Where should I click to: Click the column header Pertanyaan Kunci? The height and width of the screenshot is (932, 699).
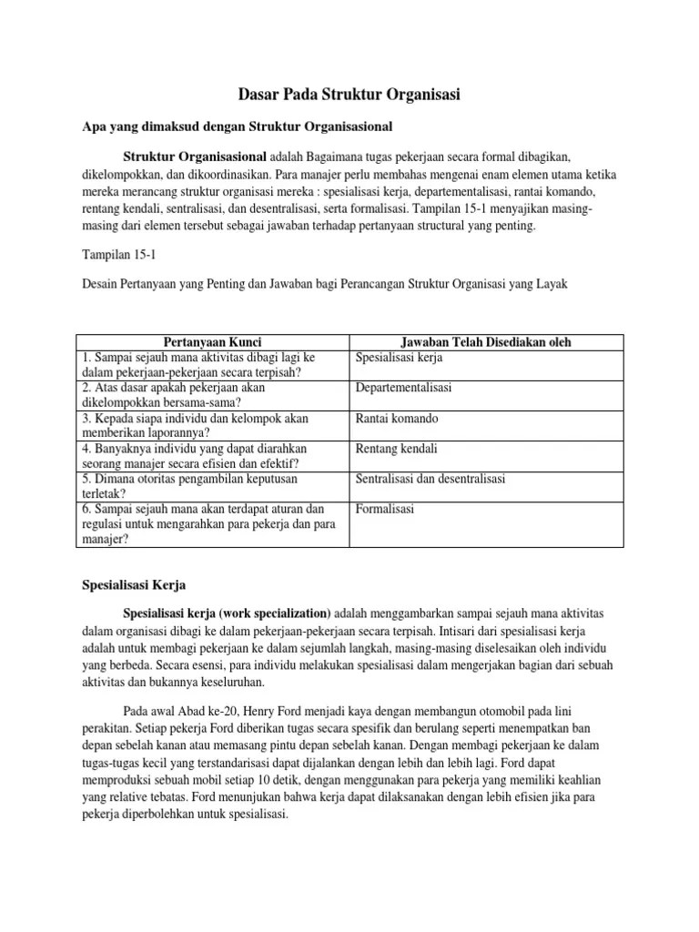point(211,342)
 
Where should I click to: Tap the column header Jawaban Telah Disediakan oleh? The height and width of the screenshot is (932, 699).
point(486,342)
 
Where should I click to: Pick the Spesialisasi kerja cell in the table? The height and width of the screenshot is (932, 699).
point(399,358)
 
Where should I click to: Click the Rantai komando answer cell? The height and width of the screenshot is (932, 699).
point(397,419)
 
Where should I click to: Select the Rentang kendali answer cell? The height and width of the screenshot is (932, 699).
point(396,449)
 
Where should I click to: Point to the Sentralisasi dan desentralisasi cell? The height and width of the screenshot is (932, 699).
point(431,479)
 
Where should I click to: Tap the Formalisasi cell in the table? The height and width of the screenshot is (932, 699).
point(385,509)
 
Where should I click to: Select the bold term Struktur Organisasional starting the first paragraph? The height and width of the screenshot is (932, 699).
point(195,156)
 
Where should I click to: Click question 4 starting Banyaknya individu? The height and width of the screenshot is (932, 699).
point(194,456)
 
